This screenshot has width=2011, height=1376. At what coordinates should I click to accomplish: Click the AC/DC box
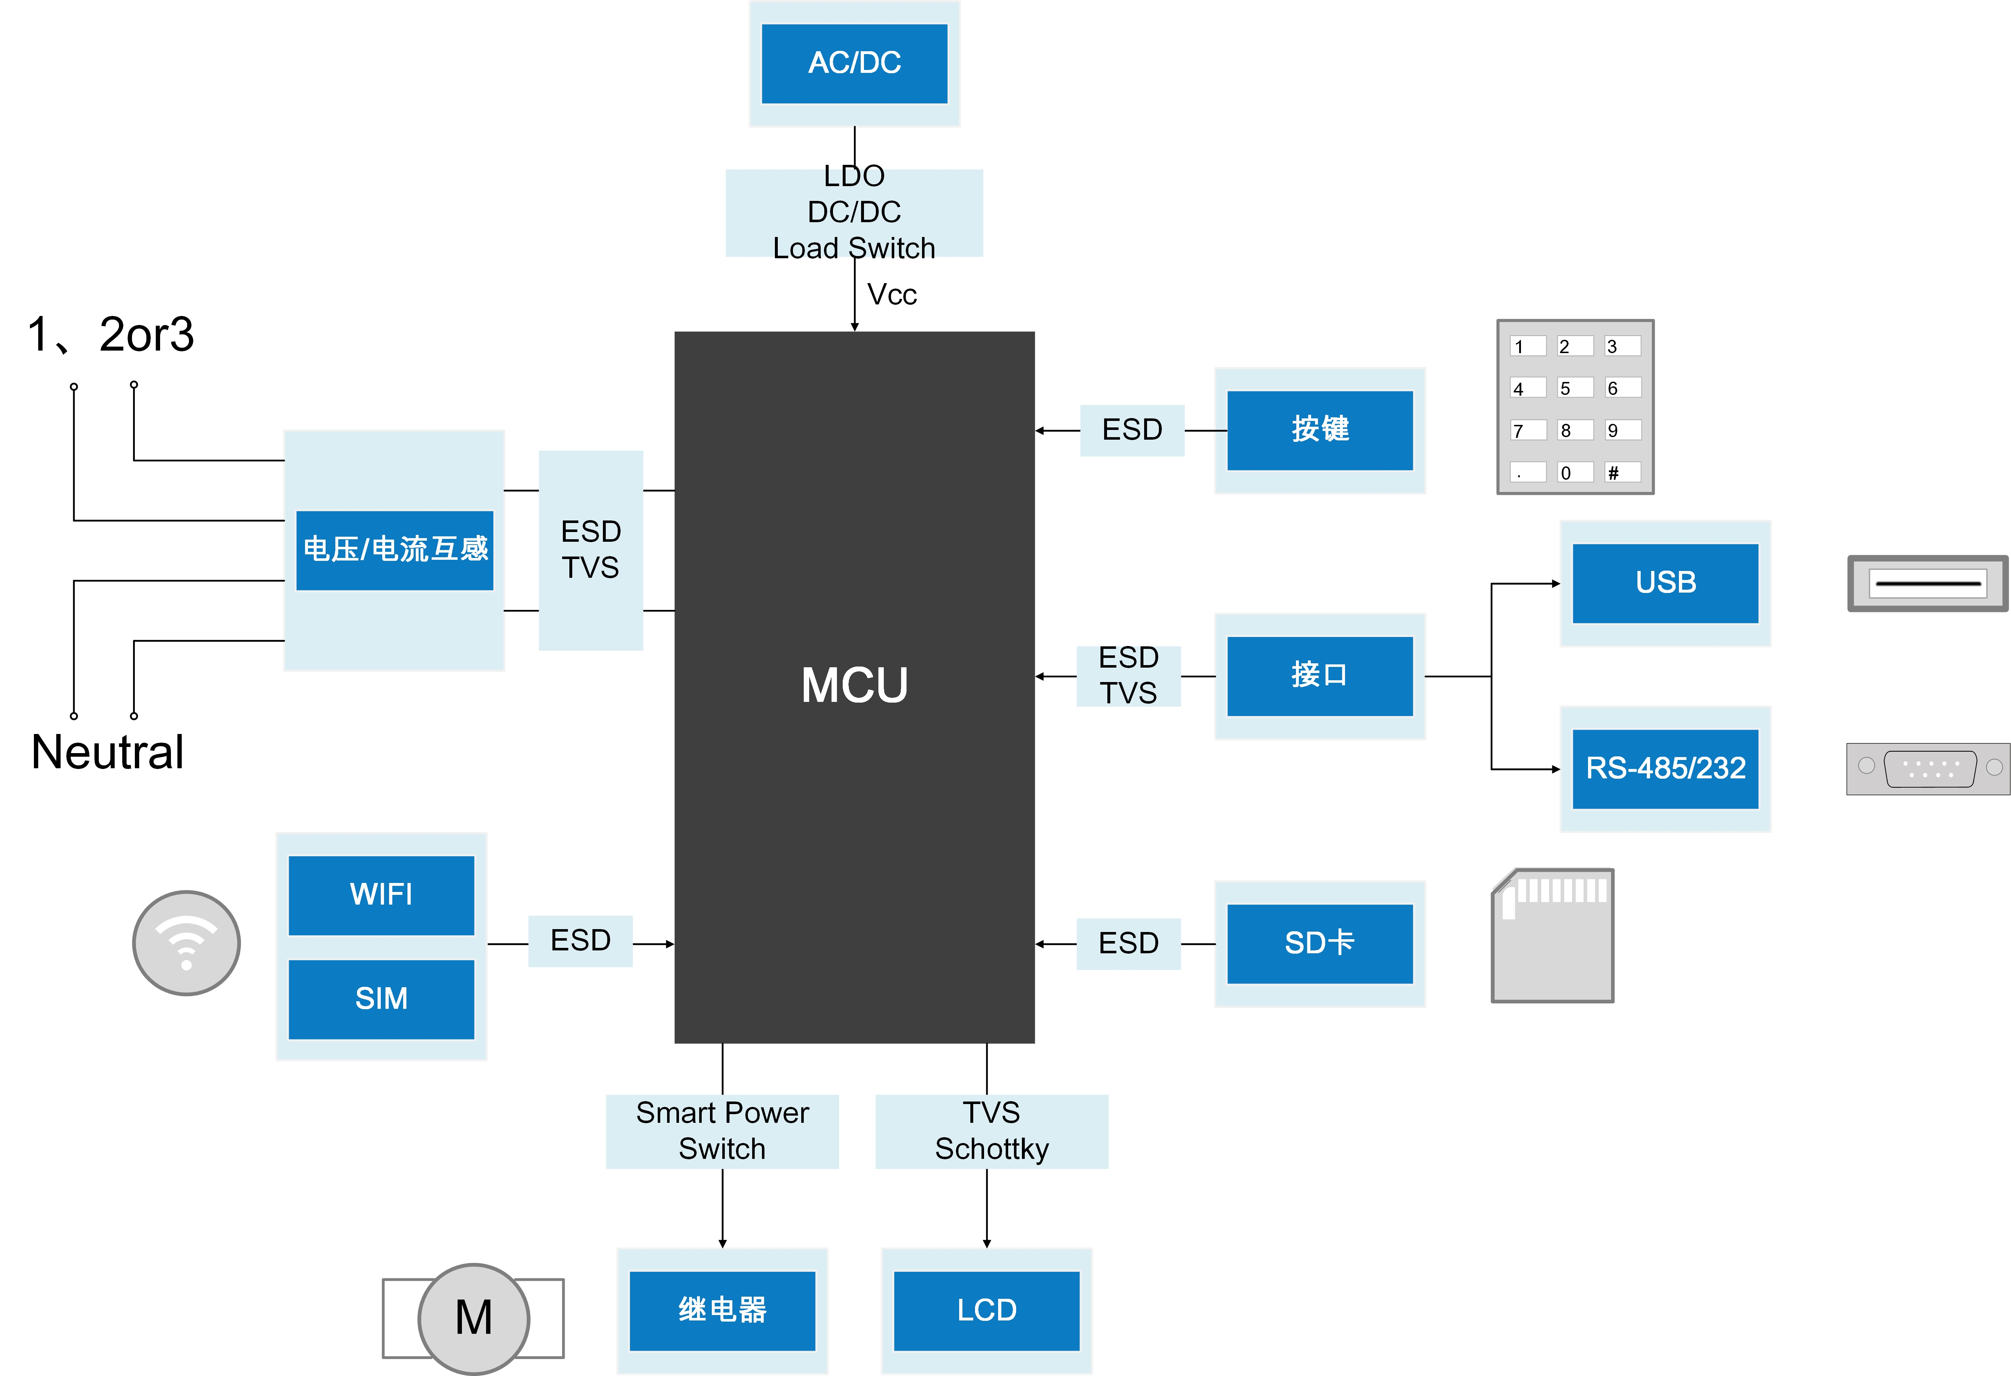tap(854, 63)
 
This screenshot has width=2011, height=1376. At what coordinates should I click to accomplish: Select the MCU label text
tap(854, 685)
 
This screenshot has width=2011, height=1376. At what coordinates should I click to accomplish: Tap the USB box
tap(1665, 583)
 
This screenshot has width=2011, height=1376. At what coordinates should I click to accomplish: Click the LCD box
tap(987, 1310)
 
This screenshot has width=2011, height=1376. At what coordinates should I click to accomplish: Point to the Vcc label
tap(891, 295)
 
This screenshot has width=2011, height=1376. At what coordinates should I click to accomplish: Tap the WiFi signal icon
tap(186, 942)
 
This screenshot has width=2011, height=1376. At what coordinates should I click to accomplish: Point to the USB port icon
tap(1927, 583)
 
